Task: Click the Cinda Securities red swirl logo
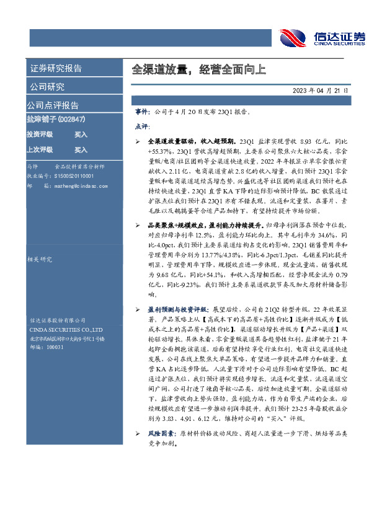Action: pyautogui.click(x=292, y=37)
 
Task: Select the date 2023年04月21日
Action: pyautogui.click(x=321, y=91)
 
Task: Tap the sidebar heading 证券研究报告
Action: pyautogui.click(x=56, y=69)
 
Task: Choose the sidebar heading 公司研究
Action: pyautogui.click(x=47, y=87)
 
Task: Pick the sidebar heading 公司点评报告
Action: pyautogui.click(x=53, y=105)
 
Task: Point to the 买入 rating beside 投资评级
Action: pyautogui.click(x=81, y=134)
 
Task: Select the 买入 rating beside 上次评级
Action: pyautogui.click(x=81, y=149)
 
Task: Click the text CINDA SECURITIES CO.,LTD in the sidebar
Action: pyautogui.click(x=61, y=330)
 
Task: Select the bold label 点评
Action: pyautogui.click(x=141, y=126)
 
